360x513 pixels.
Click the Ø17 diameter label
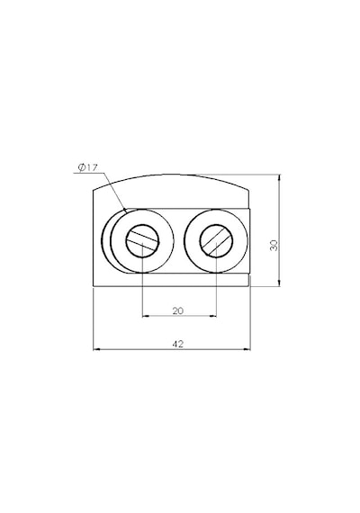point(87,167)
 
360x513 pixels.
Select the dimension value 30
point(274,246)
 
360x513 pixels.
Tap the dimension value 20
point(178,310)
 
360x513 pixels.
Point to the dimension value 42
point(177,344)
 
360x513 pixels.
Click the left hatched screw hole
point(142,241)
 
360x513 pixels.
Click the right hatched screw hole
point(216,241)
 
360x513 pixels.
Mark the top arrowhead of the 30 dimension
point(279,178)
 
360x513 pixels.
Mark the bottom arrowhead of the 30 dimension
point(279,283)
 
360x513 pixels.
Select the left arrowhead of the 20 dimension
point(147,316)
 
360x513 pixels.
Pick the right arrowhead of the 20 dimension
point(212,316)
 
